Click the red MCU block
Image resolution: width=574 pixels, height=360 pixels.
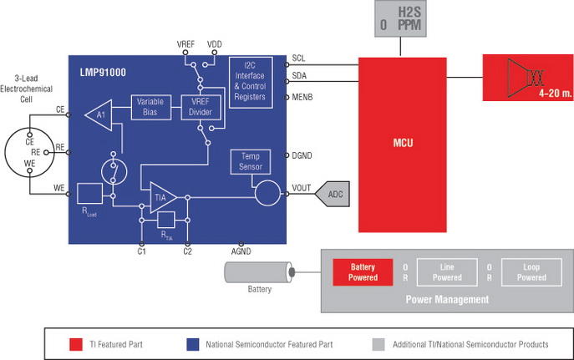tap(404, 144)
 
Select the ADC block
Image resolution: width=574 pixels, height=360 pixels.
tap(334, 194)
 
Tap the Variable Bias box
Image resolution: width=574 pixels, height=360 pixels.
tap(151, 107)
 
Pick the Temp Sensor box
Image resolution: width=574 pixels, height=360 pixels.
tap(251, 162)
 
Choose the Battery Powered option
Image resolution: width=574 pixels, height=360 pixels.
tap(363, 272)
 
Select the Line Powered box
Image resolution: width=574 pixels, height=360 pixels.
tap(446, 272)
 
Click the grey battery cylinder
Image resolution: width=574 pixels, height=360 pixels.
tap(258, 272)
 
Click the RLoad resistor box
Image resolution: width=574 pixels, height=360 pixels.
tap(89, 194)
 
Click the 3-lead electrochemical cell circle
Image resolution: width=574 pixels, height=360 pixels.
tap(30, 152)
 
